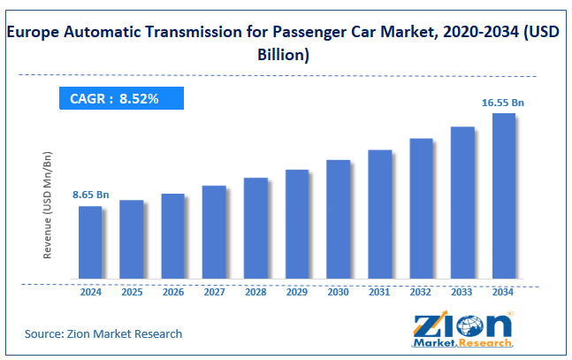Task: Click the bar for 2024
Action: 90,245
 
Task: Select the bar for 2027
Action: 214,234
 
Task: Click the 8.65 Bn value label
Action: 91,193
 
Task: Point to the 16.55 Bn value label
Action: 504,103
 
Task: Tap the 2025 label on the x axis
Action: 132,292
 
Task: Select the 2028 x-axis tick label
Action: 255,292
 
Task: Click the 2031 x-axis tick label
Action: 379,292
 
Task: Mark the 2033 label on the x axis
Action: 462,292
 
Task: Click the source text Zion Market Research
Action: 103,333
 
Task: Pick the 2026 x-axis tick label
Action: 173,292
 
